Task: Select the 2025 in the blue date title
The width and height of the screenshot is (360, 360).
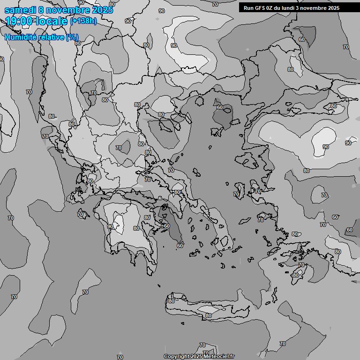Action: [102, 10]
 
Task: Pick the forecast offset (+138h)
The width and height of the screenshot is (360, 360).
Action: [83, 21]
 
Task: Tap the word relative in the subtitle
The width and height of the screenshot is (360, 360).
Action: [50, 37]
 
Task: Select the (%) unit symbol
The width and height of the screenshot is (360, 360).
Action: [72, 37]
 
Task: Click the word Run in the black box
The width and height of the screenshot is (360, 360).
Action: [248, 7]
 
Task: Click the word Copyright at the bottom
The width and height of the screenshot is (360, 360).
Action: [177, 357]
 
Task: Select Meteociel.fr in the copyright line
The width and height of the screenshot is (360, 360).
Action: [219, 357]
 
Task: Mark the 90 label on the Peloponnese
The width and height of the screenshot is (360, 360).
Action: [110, 226]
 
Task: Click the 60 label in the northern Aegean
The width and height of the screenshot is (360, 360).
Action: [220, 107]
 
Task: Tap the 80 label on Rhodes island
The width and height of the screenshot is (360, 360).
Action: [295, 275]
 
